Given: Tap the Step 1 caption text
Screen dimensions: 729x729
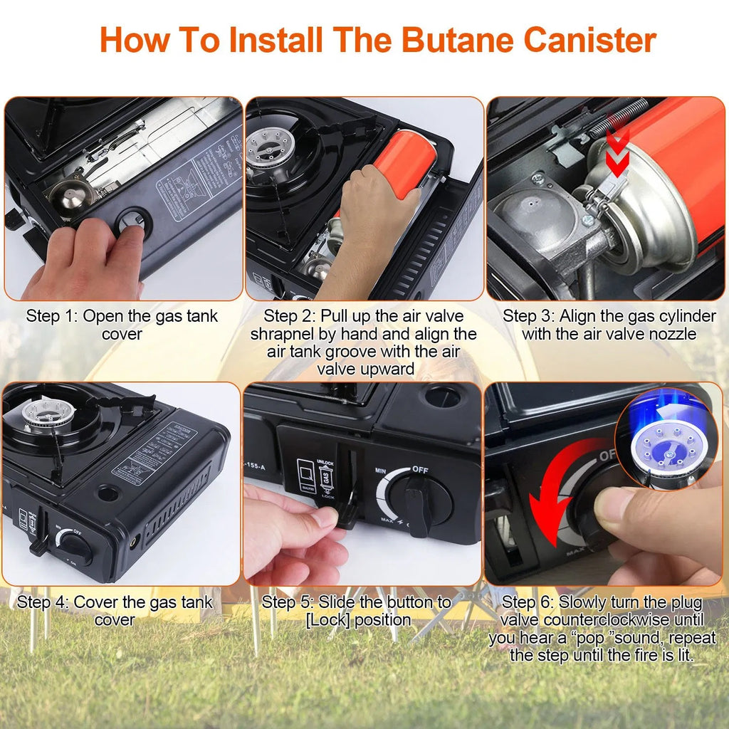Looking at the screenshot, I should [122, 325].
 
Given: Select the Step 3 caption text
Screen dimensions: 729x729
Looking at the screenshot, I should [609, 325].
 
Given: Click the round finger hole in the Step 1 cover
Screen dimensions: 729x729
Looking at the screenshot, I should [134, 222].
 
